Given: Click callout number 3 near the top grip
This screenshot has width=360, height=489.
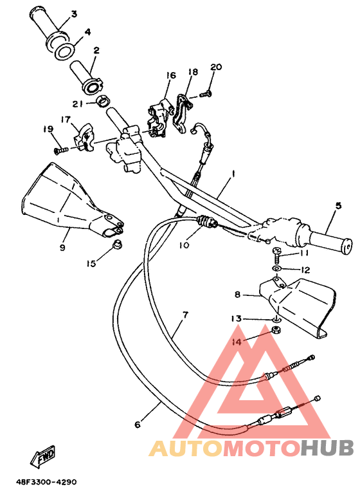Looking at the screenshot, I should tap(74, 14).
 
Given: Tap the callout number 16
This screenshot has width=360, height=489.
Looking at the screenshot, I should tap(170, 75).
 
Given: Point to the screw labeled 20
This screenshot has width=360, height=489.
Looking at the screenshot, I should tap(204, 95).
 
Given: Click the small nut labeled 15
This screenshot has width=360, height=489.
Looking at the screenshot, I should tap(116, 245).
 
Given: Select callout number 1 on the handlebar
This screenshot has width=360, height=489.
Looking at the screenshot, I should tap(233, 174).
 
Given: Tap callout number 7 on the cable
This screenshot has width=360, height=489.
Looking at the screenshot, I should tap(185, 315).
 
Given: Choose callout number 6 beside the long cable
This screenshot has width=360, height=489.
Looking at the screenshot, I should tap(137, 425).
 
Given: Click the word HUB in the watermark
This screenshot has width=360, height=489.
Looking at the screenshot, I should tap(328, 448).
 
